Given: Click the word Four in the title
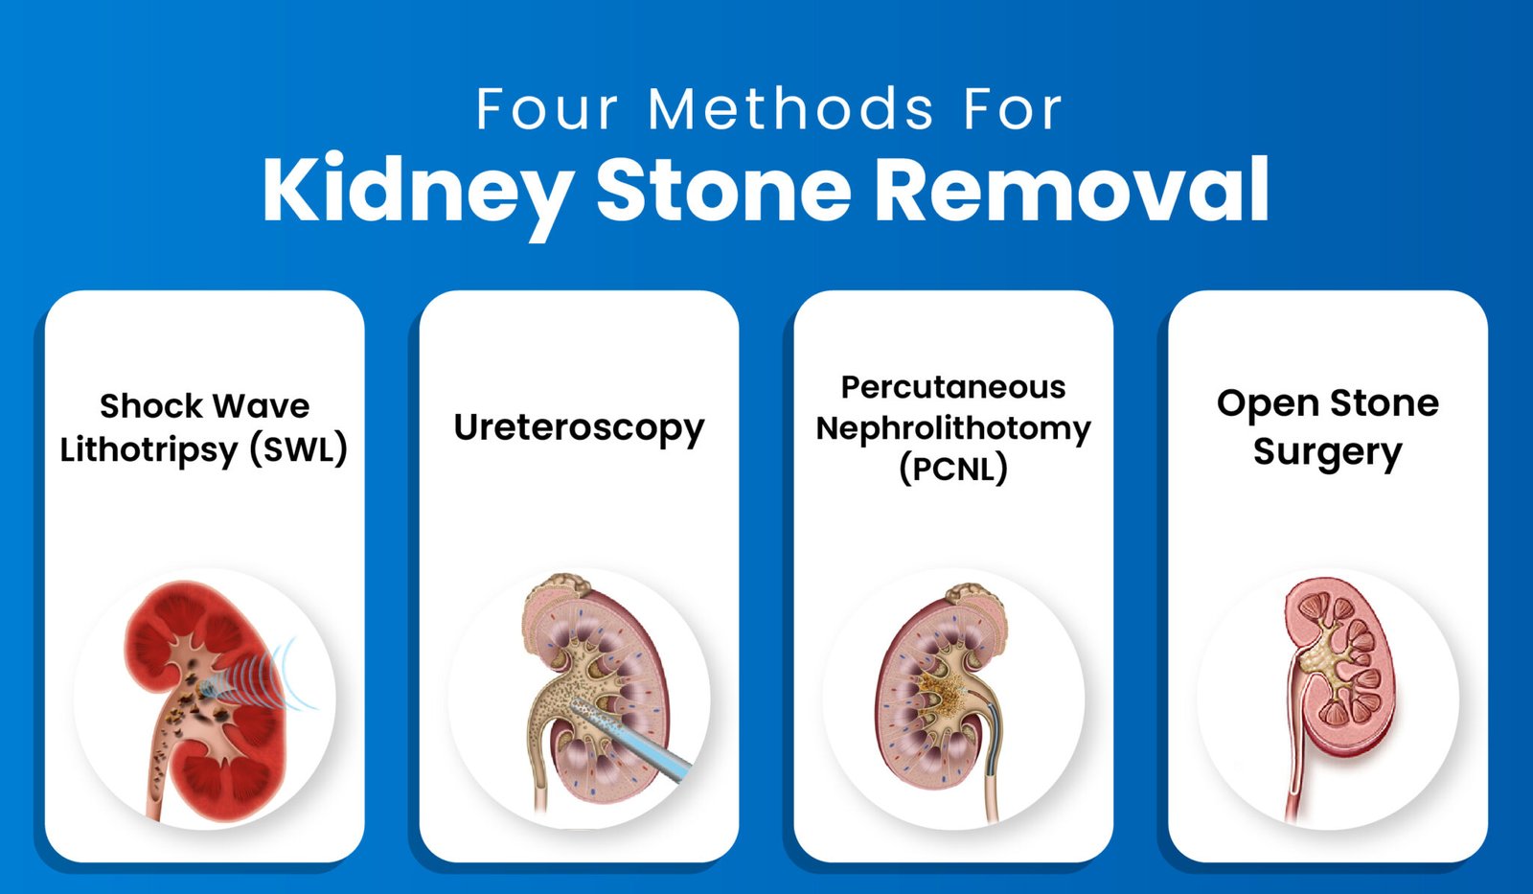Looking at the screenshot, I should point(547,109).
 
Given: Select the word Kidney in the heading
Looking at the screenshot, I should point(418,190).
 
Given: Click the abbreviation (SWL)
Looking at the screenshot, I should point(298,449).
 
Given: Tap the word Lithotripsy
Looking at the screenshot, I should point(149,450).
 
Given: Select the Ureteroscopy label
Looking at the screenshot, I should point(579,428).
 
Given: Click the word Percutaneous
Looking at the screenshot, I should point(953,387).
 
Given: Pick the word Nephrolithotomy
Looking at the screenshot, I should point(953,428).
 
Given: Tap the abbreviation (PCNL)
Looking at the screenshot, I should point(953,469).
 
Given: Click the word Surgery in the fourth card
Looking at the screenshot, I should point(1327,451).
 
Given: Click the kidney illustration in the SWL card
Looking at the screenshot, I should point(206,699).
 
